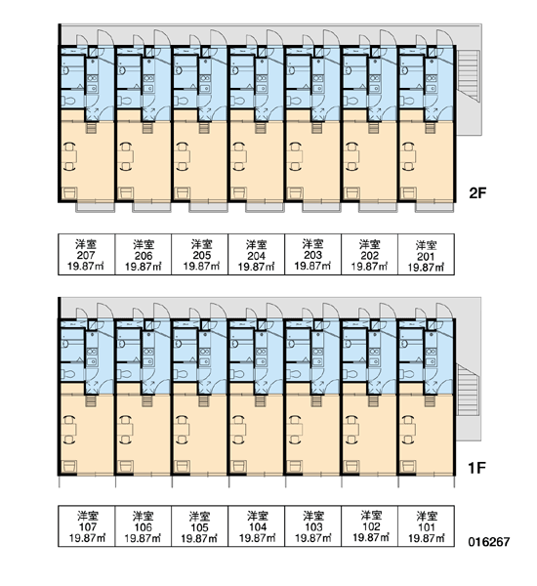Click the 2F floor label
coord(477,193)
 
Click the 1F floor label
coord(476,468)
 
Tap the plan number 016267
coord(489,541)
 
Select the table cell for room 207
coord(86,255)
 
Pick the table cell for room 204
coord(257,255)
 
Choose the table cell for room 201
coord(426,255)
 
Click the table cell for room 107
coord(86,526)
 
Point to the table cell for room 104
coord(257,526)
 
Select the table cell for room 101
coord(426,526)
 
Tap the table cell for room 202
coord(370,255)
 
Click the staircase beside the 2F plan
coord(469,76)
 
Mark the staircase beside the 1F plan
coord(468,389)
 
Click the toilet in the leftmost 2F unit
coord(68,101)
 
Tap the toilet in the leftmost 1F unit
coord(68,374)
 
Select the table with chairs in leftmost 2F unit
coord(70,156)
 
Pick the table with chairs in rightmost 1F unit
coord(409,430)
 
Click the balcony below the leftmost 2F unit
coord(96,207)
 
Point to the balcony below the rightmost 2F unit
coord(434,207)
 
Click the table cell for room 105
coord(199,526)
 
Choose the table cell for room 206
coord(144,255)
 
